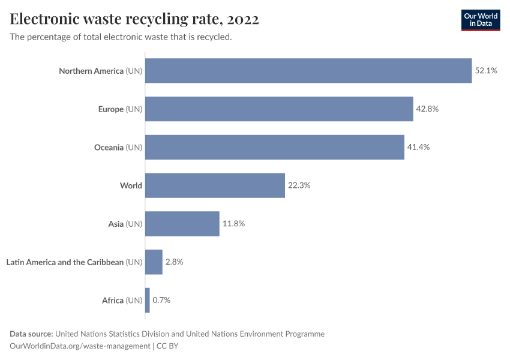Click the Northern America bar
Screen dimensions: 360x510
point(308,71)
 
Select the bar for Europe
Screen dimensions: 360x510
point(279,109)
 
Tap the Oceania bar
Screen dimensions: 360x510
point(275,147)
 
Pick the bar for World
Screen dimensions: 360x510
point(215,185)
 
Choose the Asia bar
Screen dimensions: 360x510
point(182,224)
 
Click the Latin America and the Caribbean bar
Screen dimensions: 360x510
point(154,262)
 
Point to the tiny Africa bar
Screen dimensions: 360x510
point(148,300)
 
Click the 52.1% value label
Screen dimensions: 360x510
point(486,71)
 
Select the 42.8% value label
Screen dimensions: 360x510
point(427,109)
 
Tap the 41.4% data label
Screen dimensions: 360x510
point(418,147)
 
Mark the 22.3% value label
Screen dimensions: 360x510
point(299,185)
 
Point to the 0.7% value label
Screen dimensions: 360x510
point(161,300)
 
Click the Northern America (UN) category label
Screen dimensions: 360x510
point(100,71)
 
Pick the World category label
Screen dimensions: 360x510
point(131,185)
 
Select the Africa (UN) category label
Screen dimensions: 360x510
point(122,300)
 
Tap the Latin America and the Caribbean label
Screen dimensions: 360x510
point(74,262)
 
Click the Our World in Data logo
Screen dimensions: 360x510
point(480,20)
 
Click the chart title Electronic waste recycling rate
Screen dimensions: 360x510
point(134,19)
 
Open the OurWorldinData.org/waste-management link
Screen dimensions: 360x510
point(80,346)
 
